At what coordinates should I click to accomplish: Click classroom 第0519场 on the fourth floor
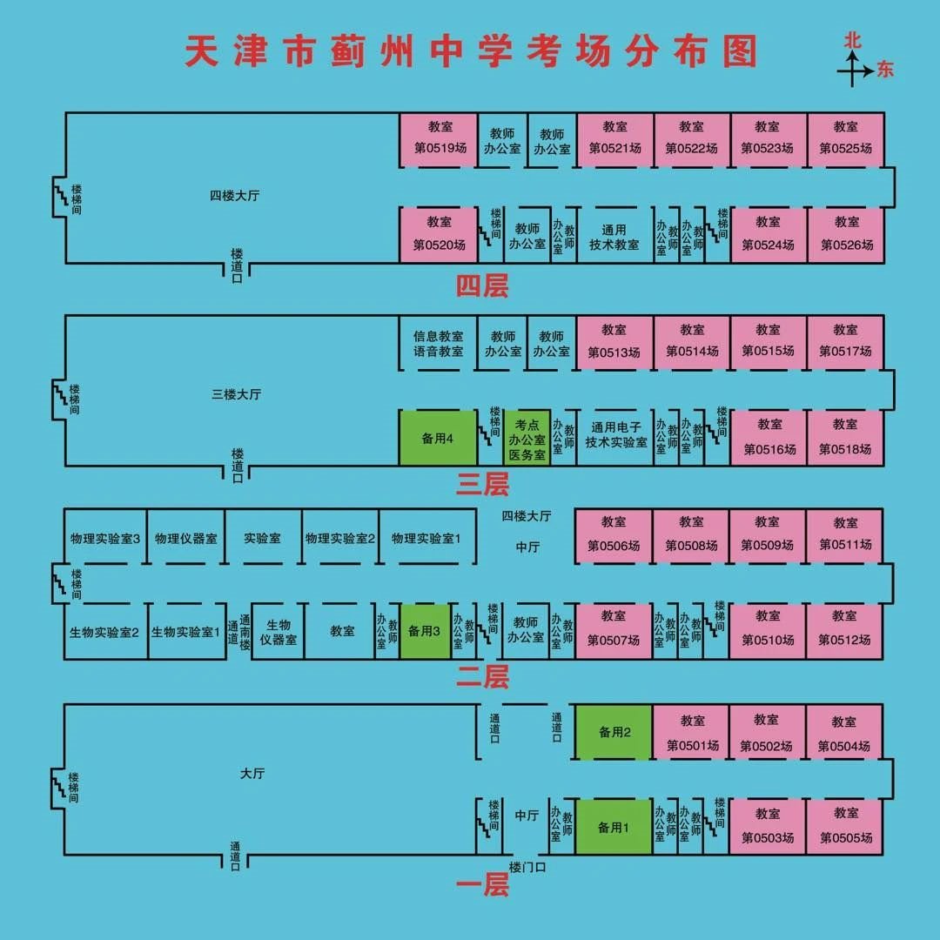(439, 138)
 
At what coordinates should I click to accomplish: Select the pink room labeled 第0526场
(846, 234)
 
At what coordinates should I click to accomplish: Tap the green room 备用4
(438, 438)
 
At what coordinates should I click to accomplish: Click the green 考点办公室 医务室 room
(527, 439)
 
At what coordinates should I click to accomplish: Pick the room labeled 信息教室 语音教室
(438, 343)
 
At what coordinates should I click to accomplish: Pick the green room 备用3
(426, 630)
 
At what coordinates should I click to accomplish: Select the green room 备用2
(614, 732)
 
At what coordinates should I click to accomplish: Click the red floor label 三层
(482, 485)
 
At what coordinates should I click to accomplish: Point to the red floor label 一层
(482, 885)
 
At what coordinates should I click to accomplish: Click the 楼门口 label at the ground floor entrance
(527, 867)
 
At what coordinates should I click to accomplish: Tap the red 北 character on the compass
(852, 40)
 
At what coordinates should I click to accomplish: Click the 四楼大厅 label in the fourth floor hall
(235, 196)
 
